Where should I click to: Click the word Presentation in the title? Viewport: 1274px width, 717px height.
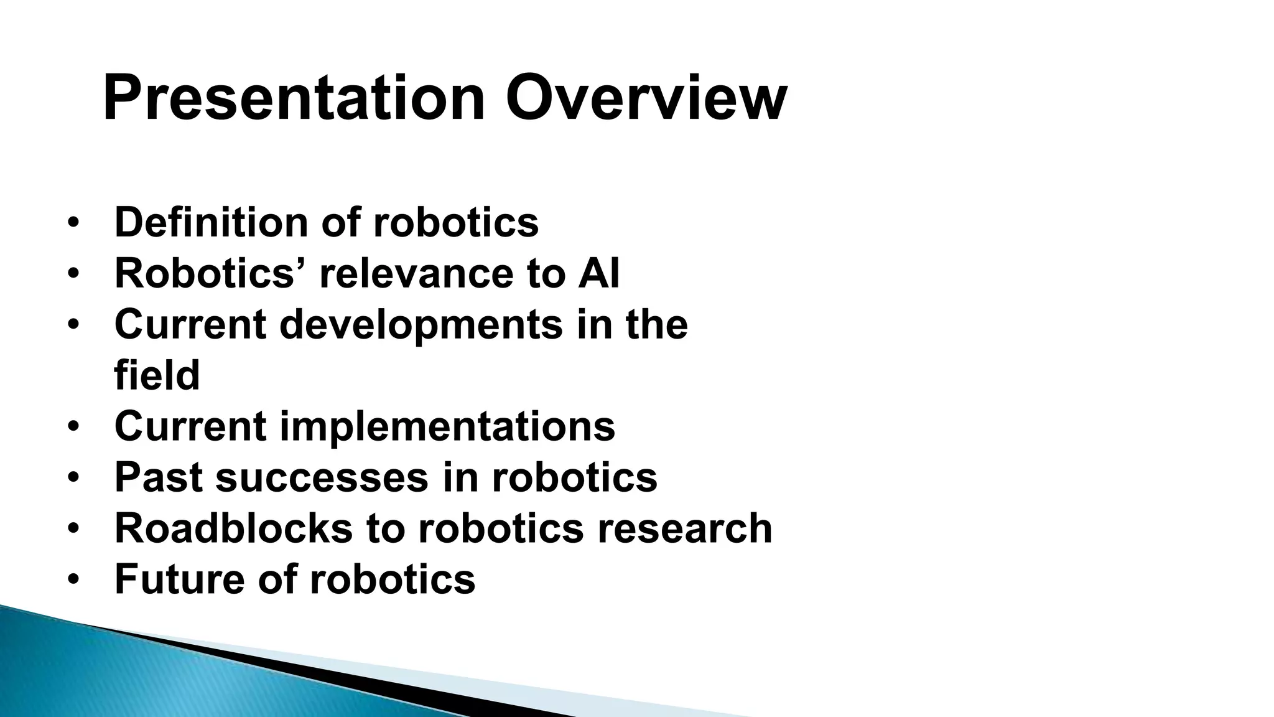(293, 98)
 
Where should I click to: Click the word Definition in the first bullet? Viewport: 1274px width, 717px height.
(211, 222)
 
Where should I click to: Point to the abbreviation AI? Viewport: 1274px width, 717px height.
(598, 274)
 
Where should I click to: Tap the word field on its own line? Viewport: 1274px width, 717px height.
(157, 376)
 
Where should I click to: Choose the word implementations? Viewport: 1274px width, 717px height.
(447, 427)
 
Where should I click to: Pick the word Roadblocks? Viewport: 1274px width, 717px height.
(234, 529)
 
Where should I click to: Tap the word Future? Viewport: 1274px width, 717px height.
(180, 579)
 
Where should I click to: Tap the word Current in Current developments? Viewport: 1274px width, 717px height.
(190, 325)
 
